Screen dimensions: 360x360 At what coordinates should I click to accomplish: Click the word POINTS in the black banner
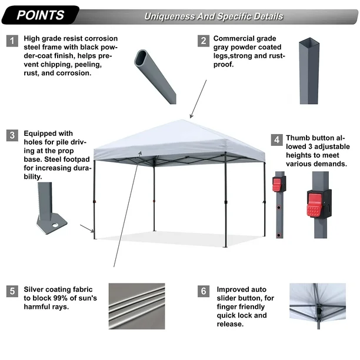click(40, 15)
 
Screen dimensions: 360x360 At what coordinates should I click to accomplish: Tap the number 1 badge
click(12, 41)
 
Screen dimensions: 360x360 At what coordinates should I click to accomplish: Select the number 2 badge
click(204, 41)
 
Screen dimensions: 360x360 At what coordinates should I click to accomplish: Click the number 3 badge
click(12, 135)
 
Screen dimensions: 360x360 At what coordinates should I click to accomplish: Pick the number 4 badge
click(276, 140)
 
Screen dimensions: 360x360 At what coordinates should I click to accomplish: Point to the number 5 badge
click(12, 291)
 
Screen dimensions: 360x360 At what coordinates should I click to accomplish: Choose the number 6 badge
click(204, 291)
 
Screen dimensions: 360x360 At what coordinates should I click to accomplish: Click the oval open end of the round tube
click(141, 58)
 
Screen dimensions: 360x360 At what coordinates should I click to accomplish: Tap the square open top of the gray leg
click(309, 41)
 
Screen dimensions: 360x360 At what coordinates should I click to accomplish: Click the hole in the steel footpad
click(55, 225)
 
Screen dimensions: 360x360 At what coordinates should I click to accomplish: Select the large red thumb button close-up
click(314, 205)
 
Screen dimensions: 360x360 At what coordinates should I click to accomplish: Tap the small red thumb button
click(276, 185)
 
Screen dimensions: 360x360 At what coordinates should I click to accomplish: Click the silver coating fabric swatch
click(137, 306)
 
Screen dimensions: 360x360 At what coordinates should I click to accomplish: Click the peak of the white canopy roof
click(182, 120)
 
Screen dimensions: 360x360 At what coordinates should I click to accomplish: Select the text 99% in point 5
click(61, 298)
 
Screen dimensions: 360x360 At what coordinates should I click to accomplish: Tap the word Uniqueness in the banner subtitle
click(169, 16)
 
